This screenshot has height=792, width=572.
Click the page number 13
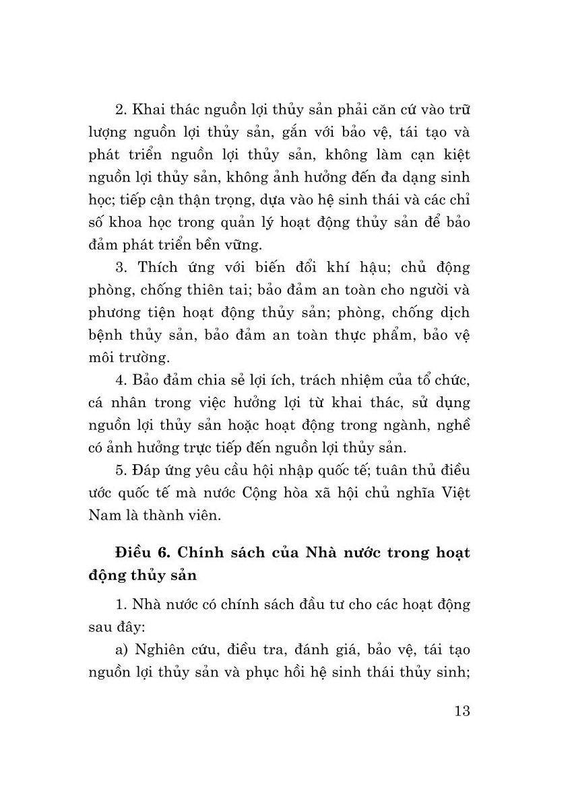point(460,712)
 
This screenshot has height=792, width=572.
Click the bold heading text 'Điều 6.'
point(139,554)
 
